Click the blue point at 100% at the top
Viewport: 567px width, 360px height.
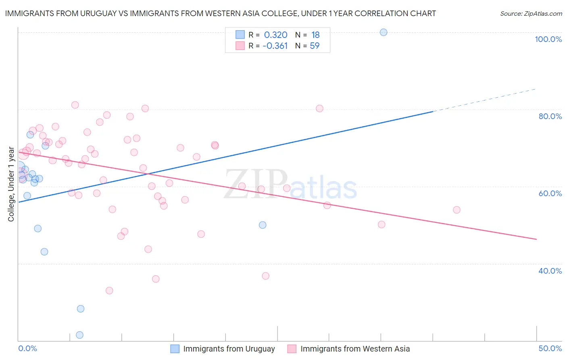384,32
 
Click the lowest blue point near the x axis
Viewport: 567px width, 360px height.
80,335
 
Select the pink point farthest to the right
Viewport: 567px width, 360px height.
457,210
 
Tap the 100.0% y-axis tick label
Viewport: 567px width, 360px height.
548,39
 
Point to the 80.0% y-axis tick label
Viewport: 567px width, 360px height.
550,116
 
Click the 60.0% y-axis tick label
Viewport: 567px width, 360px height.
550,193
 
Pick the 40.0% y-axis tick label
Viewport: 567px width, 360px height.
550,271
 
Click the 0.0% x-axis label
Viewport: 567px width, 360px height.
27,348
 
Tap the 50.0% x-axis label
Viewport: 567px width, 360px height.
550,348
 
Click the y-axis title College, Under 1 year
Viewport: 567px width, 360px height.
11,184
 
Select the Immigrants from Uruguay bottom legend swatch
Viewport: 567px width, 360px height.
175,349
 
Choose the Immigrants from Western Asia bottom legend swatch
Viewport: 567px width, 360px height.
292,349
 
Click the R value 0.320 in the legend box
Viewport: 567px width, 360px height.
275,35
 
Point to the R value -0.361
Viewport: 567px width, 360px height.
275,46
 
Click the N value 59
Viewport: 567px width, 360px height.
315,46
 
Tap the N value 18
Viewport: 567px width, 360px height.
315,35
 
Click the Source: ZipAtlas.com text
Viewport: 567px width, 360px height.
531,14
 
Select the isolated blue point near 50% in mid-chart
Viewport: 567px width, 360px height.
263,225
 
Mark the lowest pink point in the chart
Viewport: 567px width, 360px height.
109,291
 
